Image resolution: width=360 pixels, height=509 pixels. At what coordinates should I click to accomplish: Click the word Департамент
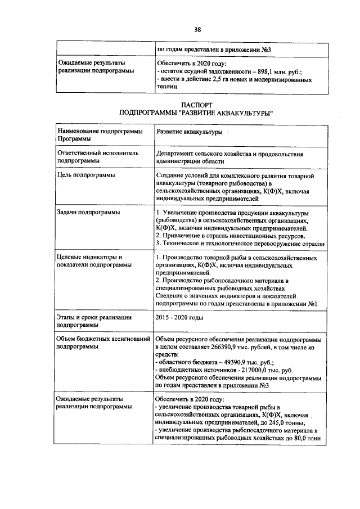click(178, 153)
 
